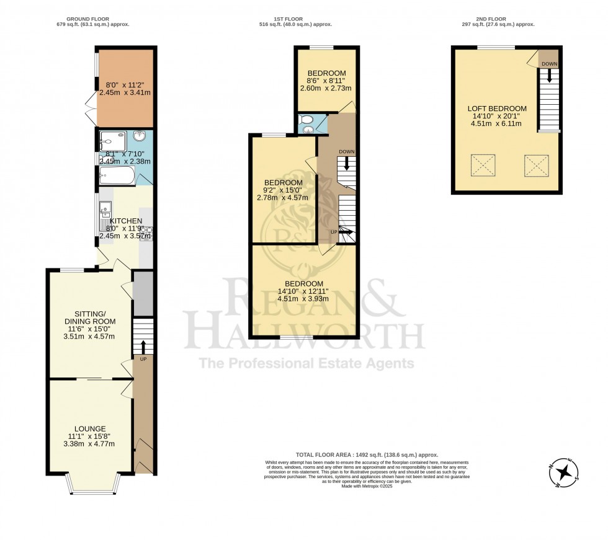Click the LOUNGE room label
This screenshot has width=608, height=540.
(x=90, y=428)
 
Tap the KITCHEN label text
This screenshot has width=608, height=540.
(x=126, y=221)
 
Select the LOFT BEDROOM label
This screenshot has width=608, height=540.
(x=497, y=108)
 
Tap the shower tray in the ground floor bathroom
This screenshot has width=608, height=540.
(x=112, y=141)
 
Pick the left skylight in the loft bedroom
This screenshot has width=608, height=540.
(x=483, y=165)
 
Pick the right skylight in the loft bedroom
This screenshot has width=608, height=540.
(x=536, y=165)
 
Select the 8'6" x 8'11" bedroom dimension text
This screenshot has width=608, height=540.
(x=326, y=81)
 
